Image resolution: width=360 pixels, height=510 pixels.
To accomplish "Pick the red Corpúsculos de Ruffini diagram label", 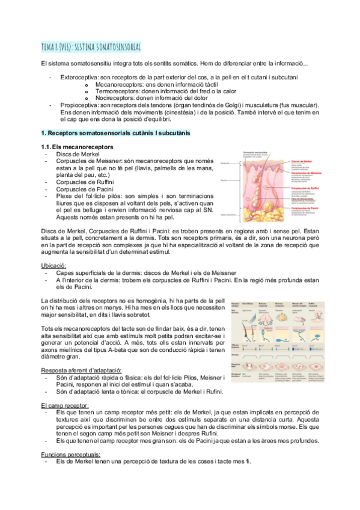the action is (x=305, y=187).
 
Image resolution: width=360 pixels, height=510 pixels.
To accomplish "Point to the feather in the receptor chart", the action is (x=254, y=317).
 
